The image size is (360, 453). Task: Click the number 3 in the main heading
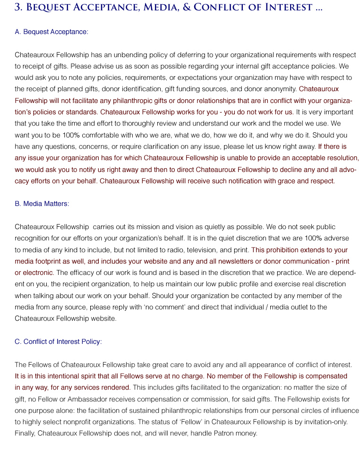[x=18, y=7]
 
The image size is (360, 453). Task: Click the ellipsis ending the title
[x=318, y=8]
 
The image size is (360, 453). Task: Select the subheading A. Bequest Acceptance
[x=51, y=32]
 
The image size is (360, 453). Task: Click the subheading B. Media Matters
[x=42, y=204]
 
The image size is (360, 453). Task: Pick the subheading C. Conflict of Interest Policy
[x=58, y=342]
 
